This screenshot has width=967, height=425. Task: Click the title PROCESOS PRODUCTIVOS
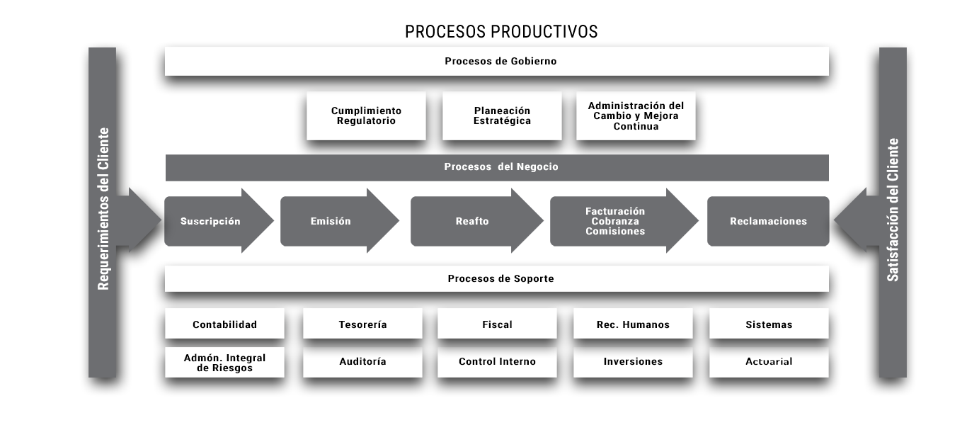501,32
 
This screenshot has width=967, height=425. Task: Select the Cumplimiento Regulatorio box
366,115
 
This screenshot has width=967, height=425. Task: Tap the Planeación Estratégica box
502,115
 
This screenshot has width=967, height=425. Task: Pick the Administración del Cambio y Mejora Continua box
636,115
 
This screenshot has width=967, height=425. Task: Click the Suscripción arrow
219,221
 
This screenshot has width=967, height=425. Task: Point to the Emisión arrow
340,221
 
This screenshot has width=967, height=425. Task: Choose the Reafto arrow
477,221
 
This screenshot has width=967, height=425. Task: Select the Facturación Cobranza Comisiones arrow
624,221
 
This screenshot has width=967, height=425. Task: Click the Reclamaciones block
768,221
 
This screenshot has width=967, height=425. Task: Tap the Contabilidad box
224,324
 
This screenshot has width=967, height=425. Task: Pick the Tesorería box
362,324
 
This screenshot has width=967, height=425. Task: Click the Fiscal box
498,324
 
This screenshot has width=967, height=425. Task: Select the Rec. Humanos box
633,324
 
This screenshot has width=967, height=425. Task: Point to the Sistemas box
769,324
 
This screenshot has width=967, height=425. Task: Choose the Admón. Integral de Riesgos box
224,363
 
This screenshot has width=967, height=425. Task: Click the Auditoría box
362,363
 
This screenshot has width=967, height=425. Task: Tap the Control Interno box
498,363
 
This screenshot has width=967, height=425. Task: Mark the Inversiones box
633,363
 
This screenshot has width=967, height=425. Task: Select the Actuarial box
769,363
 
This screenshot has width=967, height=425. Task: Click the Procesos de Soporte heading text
500,278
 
